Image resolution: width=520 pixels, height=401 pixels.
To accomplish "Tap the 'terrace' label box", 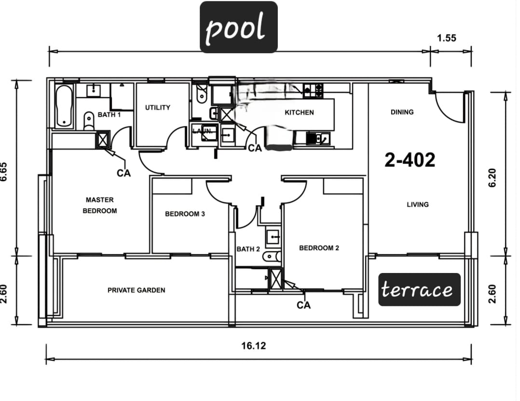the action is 419,289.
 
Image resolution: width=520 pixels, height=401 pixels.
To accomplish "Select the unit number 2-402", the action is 410,160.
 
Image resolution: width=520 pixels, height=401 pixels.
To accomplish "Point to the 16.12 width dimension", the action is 253,346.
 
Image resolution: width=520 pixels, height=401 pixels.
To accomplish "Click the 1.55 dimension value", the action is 446,38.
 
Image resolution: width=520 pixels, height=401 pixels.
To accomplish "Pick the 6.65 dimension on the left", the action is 4,172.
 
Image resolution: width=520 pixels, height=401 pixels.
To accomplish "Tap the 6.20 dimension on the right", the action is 493,178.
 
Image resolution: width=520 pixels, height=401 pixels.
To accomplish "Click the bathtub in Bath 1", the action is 64,106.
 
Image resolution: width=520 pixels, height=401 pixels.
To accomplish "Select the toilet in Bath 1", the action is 89,121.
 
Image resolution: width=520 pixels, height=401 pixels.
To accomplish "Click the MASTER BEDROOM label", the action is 100,205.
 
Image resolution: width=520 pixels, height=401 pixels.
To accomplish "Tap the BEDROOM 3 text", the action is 185,214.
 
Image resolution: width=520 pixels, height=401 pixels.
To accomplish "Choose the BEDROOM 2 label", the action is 319,248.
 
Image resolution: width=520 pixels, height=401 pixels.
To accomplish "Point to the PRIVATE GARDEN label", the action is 137,290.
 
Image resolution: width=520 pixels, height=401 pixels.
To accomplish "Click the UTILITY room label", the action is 158,107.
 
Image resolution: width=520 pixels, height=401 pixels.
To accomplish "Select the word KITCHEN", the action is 299,113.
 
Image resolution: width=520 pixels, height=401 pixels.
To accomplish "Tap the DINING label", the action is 402,112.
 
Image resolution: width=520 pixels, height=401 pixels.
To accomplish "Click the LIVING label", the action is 418,204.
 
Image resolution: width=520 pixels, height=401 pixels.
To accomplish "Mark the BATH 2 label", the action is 248,249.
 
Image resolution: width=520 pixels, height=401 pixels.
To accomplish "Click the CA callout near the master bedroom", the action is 123,173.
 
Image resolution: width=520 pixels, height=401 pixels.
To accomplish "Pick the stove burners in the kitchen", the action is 313,90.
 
